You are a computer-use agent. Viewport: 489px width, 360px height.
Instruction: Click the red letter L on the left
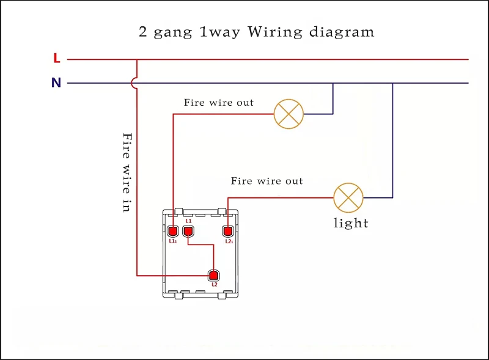[57, 59]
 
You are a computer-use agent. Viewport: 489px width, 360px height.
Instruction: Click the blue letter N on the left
[56, 83]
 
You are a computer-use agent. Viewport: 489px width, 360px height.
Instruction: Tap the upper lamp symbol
[289, 114]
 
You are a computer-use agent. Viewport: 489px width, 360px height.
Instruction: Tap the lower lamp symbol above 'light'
[348, 197]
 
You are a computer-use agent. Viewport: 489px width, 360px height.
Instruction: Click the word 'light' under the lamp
[351, 223]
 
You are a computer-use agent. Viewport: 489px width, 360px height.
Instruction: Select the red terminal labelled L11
[173, 232]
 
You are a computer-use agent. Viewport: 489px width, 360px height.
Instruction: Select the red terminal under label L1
[188, 232]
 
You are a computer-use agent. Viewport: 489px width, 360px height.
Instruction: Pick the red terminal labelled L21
[228, 232]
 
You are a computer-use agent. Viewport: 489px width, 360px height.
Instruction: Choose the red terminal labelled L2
[214, 274]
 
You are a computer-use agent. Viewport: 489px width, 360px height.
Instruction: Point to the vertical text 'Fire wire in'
[127, 172]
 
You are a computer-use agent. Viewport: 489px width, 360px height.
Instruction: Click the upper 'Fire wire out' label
[219, 103]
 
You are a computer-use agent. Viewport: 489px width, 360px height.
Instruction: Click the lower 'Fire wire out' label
[267, 181]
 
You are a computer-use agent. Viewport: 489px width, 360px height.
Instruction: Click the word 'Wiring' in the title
[273, 32]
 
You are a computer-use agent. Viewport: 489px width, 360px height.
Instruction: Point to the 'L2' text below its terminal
[215, 285]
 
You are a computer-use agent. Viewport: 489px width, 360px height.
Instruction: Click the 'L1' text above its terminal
[189, 221]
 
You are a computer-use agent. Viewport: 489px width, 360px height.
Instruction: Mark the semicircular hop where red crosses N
[135, 83]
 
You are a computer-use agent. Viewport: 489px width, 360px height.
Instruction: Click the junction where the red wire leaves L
[137, 59]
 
